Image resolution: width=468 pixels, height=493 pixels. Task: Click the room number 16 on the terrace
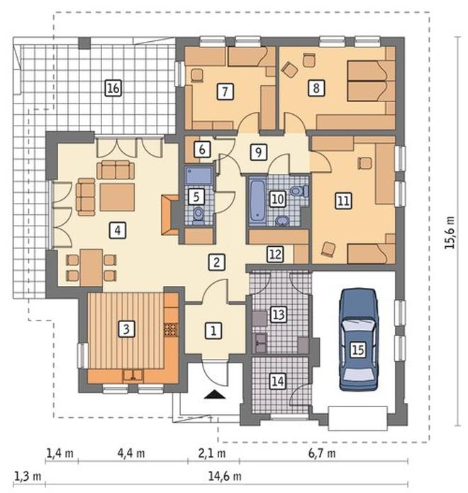(113, 88)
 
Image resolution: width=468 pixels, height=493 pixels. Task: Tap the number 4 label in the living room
(117, 231)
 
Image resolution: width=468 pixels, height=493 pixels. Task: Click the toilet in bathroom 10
(299, 191)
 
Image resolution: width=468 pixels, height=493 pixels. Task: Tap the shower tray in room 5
(199, 175)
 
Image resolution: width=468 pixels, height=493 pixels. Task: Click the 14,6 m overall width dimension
(225, 477)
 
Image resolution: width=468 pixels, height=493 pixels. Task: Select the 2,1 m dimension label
(212, 453)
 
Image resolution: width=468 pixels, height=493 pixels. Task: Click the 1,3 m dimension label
(28, 477)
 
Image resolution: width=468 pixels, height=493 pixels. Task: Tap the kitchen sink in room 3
(133, 376)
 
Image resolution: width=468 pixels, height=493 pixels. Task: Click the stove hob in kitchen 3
(171, 330)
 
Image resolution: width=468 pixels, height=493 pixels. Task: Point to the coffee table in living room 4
(117, 197)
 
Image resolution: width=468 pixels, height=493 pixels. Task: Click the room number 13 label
(279, 314)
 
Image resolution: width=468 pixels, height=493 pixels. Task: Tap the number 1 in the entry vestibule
(213, 331)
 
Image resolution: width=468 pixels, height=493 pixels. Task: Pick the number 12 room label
(275, 254)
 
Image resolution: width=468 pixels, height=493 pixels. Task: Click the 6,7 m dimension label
(321, 453)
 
